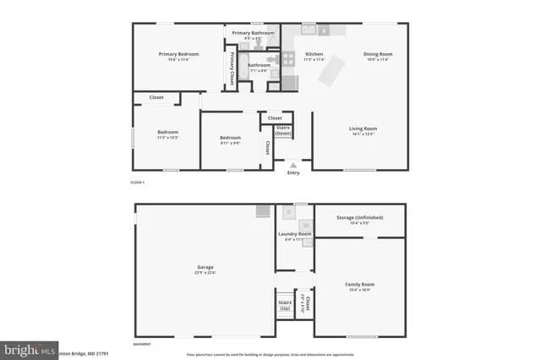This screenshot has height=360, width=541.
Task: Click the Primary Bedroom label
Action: [x=178, y=54]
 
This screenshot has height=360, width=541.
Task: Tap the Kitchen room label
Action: [x=314, y=54]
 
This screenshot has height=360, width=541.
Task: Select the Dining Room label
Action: [x=378, y=54]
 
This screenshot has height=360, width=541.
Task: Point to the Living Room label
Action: [x=363, y=128]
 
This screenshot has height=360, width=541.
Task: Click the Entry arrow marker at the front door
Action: [x=293, y=164]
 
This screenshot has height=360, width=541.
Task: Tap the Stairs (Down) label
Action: [x=283, y=130]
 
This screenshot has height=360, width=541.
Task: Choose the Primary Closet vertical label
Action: [x=232, y=68]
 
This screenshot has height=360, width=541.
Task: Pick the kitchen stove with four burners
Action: [x=290, y=82]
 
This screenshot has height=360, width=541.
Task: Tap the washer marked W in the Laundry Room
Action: [x=305, y=225]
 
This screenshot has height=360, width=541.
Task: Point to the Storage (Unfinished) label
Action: [x=359, y=217]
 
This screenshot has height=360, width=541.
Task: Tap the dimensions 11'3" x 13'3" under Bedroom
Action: [x=167, y=138]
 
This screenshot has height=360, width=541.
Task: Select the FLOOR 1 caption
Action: [x=138, y=183]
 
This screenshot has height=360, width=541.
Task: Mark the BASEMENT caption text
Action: [x=142, y=345]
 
